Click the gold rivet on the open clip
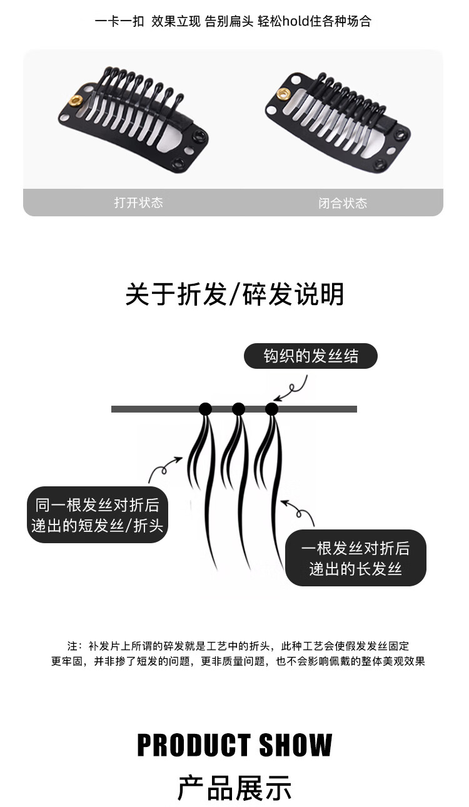click(x=76, y=100)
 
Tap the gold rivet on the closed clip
click(x=284, y=94)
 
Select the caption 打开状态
click(x=138, y=203)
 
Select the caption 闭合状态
click(x=343, y=203)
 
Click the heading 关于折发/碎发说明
click(x=234, y=294)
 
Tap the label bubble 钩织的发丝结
click(x=311, y=356)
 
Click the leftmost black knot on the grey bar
click(x=206, y=409)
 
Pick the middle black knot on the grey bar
click(x=239, y=409)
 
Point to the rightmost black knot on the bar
click(x=272, y=409)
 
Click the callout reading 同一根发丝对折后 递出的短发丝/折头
click(x=98, y=515)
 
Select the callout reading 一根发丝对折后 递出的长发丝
click(x=355, y=558)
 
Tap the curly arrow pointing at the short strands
click(x=164, y=469)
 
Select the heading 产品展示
click(x=234, y=789)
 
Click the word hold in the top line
click(x=296, y=21)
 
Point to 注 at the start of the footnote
click(x=72, y=646)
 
